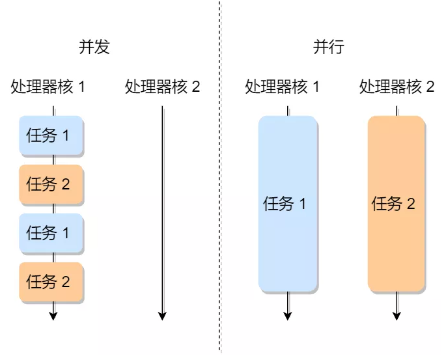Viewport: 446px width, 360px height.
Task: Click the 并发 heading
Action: (94, 48)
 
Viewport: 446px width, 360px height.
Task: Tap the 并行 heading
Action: (328, 48)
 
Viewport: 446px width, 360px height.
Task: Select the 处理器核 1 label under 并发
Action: (48, 87)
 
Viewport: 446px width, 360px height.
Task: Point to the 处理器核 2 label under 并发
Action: (162, 87)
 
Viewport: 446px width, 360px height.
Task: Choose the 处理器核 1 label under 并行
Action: (282, 87)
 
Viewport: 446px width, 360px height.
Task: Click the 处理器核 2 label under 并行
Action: (397, 87)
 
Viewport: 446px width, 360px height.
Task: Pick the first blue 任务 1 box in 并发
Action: (51, 135)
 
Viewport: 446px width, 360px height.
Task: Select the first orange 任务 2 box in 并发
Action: (51, 184)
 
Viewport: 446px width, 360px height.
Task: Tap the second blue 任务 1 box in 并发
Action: (51, 232)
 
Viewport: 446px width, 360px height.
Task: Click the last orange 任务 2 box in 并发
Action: (51, 281)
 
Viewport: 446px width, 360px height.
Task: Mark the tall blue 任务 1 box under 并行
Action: (287, 203)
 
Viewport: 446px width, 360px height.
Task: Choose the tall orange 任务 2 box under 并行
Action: (397, 203)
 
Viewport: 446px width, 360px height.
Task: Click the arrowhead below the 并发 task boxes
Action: (53, 316)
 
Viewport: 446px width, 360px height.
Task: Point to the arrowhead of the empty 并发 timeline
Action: (162, 316)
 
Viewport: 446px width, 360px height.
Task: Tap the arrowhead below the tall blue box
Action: (287, 316)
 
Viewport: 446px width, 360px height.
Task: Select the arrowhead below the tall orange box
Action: (397, 316)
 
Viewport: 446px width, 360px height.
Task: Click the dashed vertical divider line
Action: (219, 195)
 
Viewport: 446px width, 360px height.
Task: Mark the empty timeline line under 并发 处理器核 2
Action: (162, 208)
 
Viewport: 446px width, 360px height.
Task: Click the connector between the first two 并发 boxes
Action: (53, 160)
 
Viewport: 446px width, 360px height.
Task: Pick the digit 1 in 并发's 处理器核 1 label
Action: (81, 87)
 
